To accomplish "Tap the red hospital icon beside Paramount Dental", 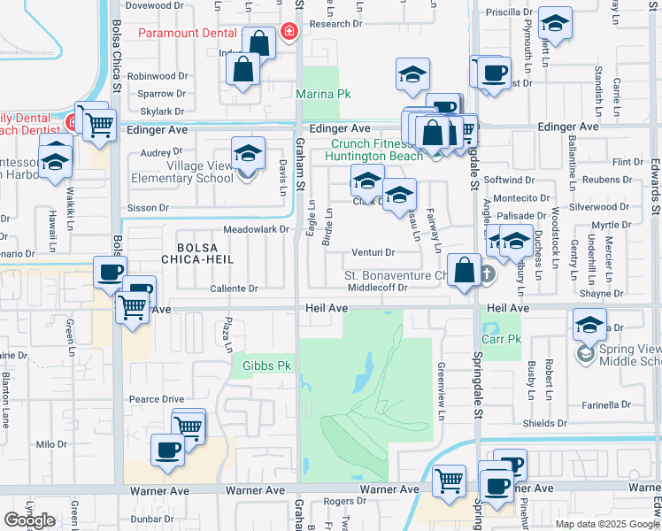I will click(x=288, y=34).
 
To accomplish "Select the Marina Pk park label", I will click(x=321, y=94).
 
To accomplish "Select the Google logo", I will click(x=30, y=520).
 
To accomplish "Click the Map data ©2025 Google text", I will click(x=606, y=524).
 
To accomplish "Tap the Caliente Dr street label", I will click(x=234, y=289).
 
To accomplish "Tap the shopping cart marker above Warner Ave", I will click(x=450, y=481).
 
